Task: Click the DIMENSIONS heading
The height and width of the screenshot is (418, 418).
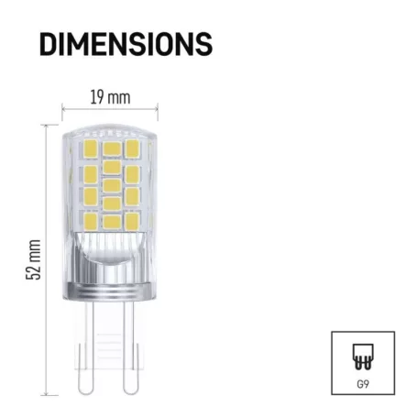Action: [x=126, y=43]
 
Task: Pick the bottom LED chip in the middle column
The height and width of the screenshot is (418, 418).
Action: [x=111, y=221]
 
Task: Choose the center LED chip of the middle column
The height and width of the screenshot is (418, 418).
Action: [x=111, y=185]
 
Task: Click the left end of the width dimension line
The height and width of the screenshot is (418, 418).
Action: [x=62, y=108]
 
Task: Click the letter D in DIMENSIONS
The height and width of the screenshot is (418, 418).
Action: [x=49, y=43]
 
